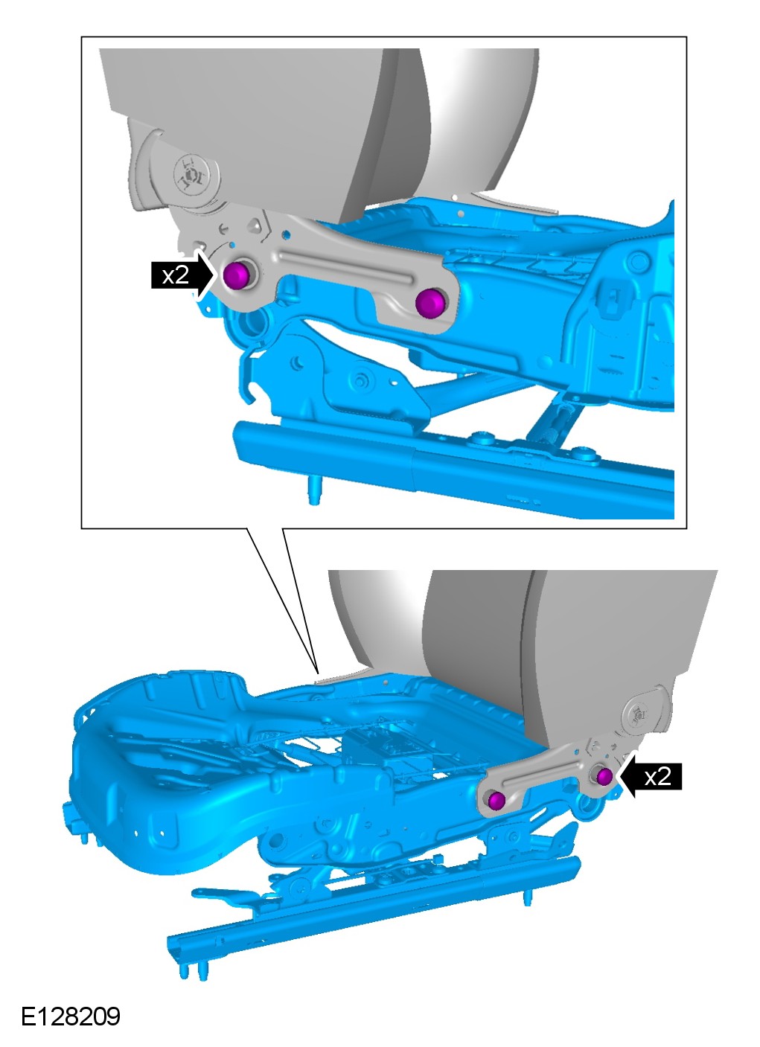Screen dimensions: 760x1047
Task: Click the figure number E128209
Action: click(x=71, y=1016)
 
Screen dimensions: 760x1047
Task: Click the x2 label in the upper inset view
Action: click(x=176, y=275)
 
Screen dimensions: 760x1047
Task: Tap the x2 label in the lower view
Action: click(x=657, y=776)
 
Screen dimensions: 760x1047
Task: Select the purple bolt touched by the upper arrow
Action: click(x=236, y=276)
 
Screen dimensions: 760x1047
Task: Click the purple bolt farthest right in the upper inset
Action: click(x=430, y=303)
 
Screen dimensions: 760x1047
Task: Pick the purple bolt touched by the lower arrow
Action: click(x=604, y=776)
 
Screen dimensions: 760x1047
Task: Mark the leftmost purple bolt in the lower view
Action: click(x=496, y=800)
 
